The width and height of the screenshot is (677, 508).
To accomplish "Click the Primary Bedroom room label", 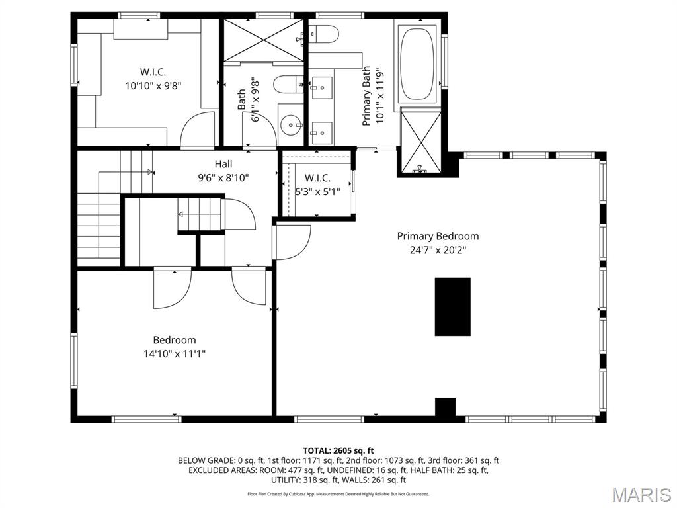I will tap(438, 236).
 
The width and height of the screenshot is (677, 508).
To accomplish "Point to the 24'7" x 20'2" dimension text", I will tap(438, 250).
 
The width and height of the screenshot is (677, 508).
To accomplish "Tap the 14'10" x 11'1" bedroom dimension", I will tap(175, 354).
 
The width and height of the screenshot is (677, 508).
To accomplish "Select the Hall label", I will tap(223, 164).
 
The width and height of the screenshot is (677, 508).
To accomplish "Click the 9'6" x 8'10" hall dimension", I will tap(223, 177).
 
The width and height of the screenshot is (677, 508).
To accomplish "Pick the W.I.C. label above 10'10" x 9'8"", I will tap(153, 71).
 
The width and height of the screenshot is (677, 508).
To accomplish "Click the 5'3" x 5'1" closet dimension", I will tap(317, 192).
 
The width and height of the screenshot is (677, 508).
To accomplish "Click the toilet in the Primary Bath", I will tap(325, 33).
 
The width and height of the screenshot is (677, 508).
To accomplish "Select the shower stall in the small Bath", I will tap(263, 40).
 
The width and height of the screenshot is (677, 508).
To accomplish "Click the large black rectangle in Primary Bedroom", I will tap(452, 306).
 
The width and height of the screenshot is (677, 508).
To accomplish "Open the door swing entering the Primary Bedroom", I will tap(293, 242).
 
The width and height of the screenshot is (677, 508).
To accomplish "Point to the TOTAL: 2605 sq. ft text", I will tap(338, 450).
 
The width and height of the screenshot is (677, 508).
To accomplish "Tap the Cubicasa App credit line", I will tap(338, 494).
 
